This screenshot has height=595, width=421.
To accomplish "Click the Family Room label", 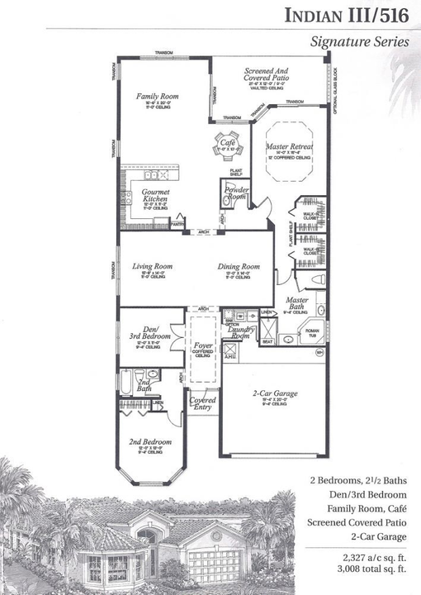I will coord(157,97).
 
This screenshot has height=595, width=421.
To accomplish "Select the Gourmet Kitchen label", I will coord(155,196).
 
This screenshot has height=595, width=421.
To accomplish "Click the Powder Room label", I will coord(237,193).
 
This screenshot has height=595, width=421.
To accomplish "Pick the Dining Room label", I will coord(239,267).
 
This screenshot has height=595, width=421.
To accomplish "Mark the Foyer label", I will coord(202,345).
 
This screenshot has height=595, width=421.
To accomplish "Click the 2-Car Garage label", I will coord(274,393).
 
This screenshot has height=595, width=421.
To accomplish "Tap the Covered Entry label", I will coord(202,405).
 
